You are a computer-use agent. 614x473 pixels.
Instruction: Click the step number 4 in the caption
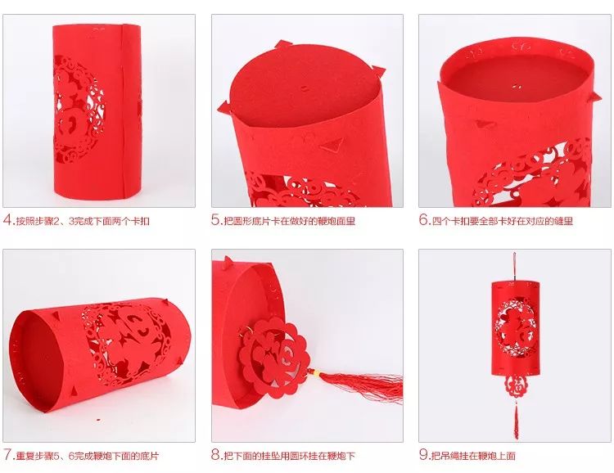pos(8,220)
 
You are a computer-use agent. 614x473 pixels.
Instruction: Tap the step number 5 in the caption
pos(216,220)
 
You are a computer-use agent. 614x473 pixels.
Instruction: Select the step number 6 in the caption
pos(424,220)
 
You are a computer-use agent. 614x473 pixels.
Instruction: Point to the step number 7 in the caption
pos(8,455)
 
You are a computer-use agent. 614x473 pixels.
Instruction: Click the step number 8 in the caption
pos(216,455)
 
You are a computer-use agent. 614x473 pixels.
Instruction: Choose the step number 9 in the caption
pos(424,455)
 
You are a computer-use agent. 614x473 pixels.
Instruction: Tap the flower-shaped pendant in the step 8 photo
pos(274,353)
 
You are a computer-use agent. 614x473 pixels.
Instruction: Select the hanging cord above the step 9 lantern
pos(514,266)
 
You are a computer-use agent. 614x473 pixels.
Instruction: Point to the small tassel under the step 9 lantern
pos(516,420)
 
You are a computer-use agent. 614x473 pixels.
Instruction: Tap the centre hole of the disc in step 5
pos(305,88)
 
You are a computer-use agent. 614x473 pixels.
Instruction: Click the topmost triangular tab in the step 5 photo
pos(281,44)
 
